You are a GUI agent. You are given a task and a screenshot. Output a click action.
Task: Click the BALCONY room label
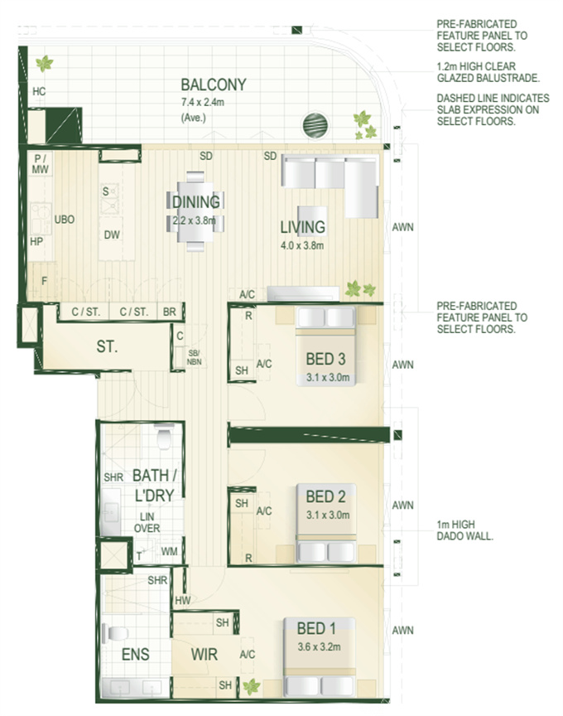tap(214, 85)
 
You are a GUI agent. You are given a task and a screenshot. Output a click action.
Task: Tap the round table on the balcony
tap(315, 124)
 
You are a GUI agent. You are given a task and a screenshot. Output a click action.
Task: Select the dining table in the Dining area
tap(196, 211)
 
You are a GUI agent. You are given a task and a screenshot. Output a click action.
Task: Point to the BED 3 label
tap(325, 359)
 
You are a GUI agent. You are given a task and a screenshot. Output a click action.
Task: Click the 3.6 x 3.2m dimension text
tap(319, 646)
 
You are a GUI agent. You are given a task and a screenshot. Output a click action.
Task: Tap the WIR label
tap(205, 655)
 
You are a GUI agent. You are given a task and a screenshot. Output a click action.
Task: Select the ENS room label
tap(136, 655)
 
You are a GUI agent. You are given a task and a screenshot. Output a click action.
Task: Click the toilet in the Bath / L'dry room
tap(164, 437)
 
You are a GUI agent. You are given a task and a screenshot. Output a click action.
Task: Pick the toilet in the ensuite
tap(115, 633)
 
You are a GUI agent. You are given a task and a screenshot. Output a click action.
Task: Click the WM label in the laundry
tap(169, 551)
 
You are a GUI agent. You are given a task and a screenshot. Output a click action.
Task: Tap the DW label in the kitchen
tap(112, 235)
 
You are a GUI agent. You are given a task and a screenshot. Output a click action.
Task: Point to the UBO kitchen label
tap(65, 220)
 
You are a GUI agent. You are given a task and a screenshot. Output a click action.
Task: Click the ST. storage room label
tap(107, 347)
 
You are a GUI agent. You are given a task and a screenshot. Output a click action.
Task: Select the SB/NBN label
tap(194, 357)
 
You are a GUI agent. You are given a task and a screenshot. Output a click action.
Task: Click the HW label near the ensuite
tap(182, 601)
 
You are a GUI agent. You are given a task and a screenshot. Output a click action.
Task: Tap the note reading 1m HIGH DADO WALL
tap(465, 530)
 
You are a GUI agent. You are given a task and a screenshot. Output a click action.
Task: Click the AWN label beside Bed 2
tap(403, 505)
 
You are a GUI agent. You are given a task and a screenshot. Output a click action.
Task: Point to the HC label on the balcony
tap(39, 91)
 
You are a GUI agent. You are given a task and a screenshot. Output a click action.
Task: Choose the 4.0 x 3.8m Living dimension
tap(302, 245)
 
